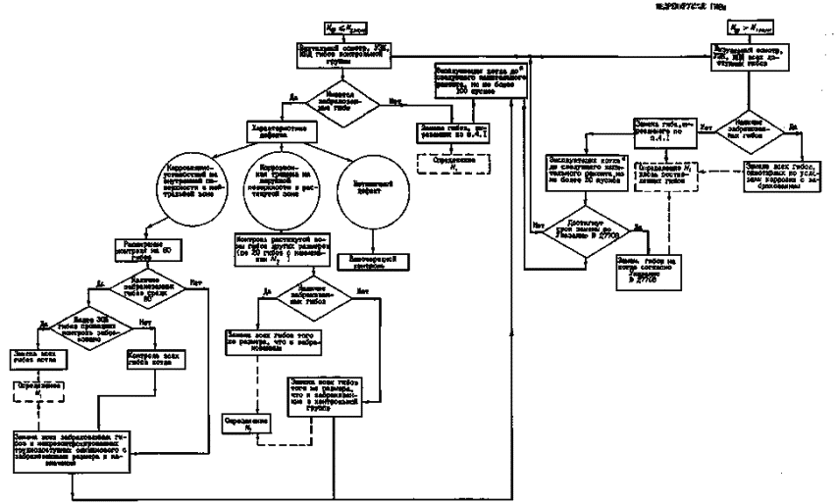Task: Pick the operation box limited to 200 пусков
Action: coord(482,83)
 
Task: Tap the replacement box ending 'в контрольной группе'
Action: coord(323,390)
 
